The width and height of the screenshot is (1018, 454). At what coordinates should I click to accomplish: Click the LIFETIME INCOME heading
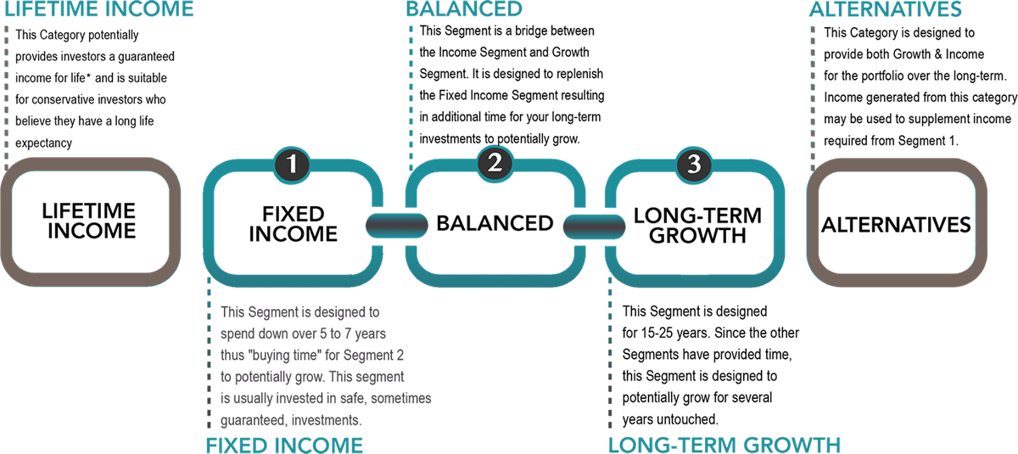point(98,10)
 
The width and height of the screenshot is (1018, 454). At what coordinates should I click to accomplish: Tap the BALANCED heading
point(463,10)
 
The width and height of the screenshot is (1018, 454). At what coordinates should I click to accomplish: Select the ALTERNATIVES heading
point(886,10)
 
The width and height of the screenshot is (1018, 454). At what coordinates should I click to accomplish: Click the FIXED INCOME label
point(284,444)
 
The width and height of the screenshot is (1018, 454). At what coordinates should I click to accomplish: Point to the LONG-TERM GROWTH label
point(724,444)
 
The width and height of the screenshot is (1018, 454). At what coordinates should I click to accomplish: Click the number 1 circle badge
point(292,164)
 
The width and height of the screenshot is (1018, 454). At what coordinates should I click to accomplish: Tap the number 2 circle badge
point(495,163)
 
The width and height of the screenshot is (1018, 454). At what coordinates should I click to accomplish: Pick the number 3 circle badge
point(694,164)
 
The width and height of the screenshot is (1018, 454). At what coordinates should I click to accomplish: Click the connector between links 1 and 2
point(396,226)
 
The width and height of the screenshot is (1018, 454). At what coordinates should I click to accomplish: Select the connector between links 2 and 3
point(595,226)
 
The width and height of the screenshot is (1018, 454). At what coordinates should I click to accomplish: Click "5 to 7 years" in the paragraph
point(350,333)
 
